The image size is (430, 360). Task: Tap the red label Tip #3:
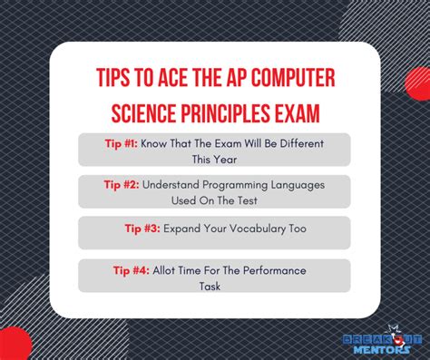(x=142, y=229)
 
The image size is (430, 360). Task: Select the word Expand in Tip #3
(x=183, y=229)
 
